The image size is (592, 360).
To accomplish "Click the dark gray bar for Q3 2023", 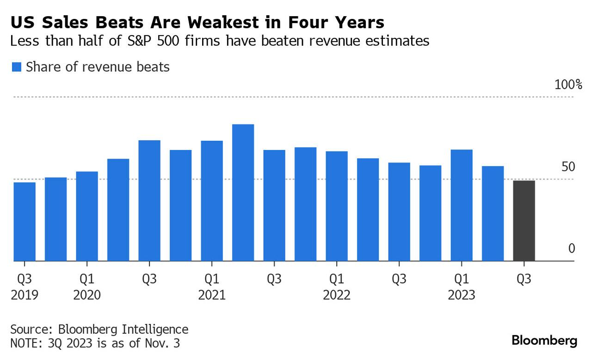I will click(x=524, y=221).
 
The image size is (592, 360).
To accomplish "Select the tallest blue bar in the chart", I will click(x=243, y=192).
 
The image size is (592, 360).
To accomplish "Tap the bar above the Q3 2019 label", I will click(x=25, y=222).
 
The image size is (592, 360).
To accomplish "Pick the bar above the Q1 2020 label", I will click(x=87, y=216).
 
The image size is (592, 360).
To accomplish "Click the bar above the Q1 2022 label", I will click(x=337, y=206).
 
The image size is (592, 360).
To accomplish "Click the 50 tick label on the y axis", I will click(x=568, y=167).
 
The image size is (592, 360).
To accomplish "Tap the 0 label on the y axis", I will click(x=572, y=249).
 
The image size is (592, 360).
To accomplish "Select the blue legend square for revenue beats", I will click(x=16, y=68).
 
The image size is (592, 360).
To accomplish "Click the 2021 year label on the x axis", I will click(x=212, y=295).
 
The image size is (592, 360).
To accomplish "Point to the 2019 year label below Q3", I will click(x=25, y=295).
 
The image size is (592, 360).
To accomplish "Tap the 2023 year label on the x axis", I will click(x=462, y=295).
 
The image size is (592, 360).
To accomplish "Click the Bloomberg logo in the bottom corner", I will click(x=544, y=341).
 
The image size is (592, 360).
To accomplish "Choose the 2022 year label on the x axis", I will click(x=337, y=295).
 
